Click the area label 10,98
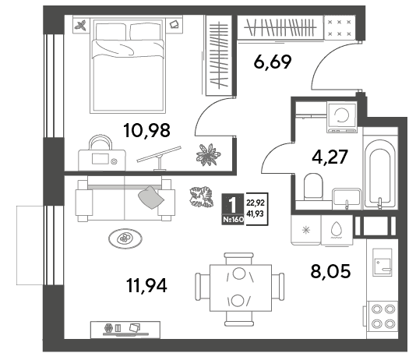point(146,130)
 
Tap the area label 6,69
point(273,62)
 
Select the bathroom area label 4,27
point(330,157)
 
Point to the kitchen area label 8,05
point(330,271)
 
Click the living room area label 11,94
point(146,285)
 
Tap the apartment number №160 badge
point(233,220)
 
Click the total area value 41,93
point(255,214)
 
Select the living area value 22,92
point(256,203)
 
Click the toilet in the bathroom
point(313,187)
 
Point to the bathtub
point(379,173)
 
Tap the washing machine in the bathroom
point(342,117)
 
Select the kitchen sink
point(382,263)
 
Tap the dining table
point(241,288)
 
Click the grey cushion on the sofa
point(151,197)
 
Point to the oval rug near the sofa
point(125,238)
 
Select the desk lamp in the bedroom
point(159,158)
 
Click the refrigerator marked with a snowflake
point(306,230)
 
